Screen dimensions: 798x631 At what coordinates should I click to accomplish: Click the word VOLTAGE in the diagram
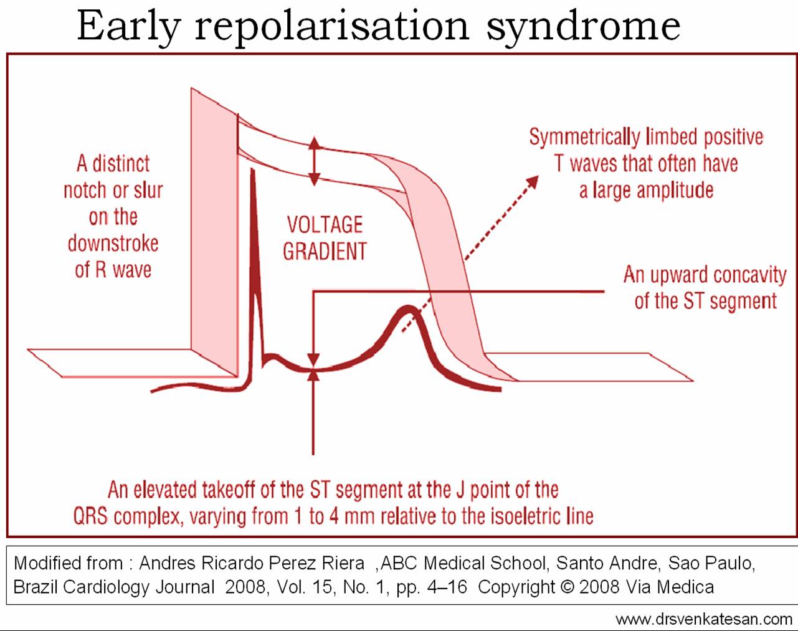pos(325,225)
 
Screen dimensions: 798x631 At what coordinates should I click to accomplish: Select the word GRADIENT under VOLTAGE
pos(325,251)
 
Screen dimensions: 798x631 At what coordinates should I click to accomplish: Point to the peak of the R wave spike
pos(253,171)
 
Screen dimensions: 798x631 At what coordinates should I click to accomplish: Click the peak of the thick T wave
pos(409,308)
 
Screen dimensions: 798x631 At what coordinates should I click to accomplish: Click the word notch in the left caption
pos(85,191)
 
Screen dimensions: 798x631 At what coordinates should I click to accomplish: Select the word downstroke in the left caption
pos(113,244)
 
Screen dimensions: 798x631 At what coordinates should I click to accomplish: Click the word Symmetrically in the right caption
pos(585,138)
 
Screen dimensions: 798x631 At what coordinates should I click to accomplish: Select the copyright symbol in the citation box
pos(567,587)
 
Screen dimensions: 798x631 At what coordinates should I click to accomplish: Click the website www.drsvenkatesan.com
pos(703,619)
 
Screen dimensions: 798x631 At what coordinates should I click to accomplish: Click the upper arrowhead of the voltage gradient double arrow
pos(315,143)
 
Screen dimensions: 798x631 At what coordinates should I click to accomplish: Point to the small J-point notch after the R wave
pos(272,358)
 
